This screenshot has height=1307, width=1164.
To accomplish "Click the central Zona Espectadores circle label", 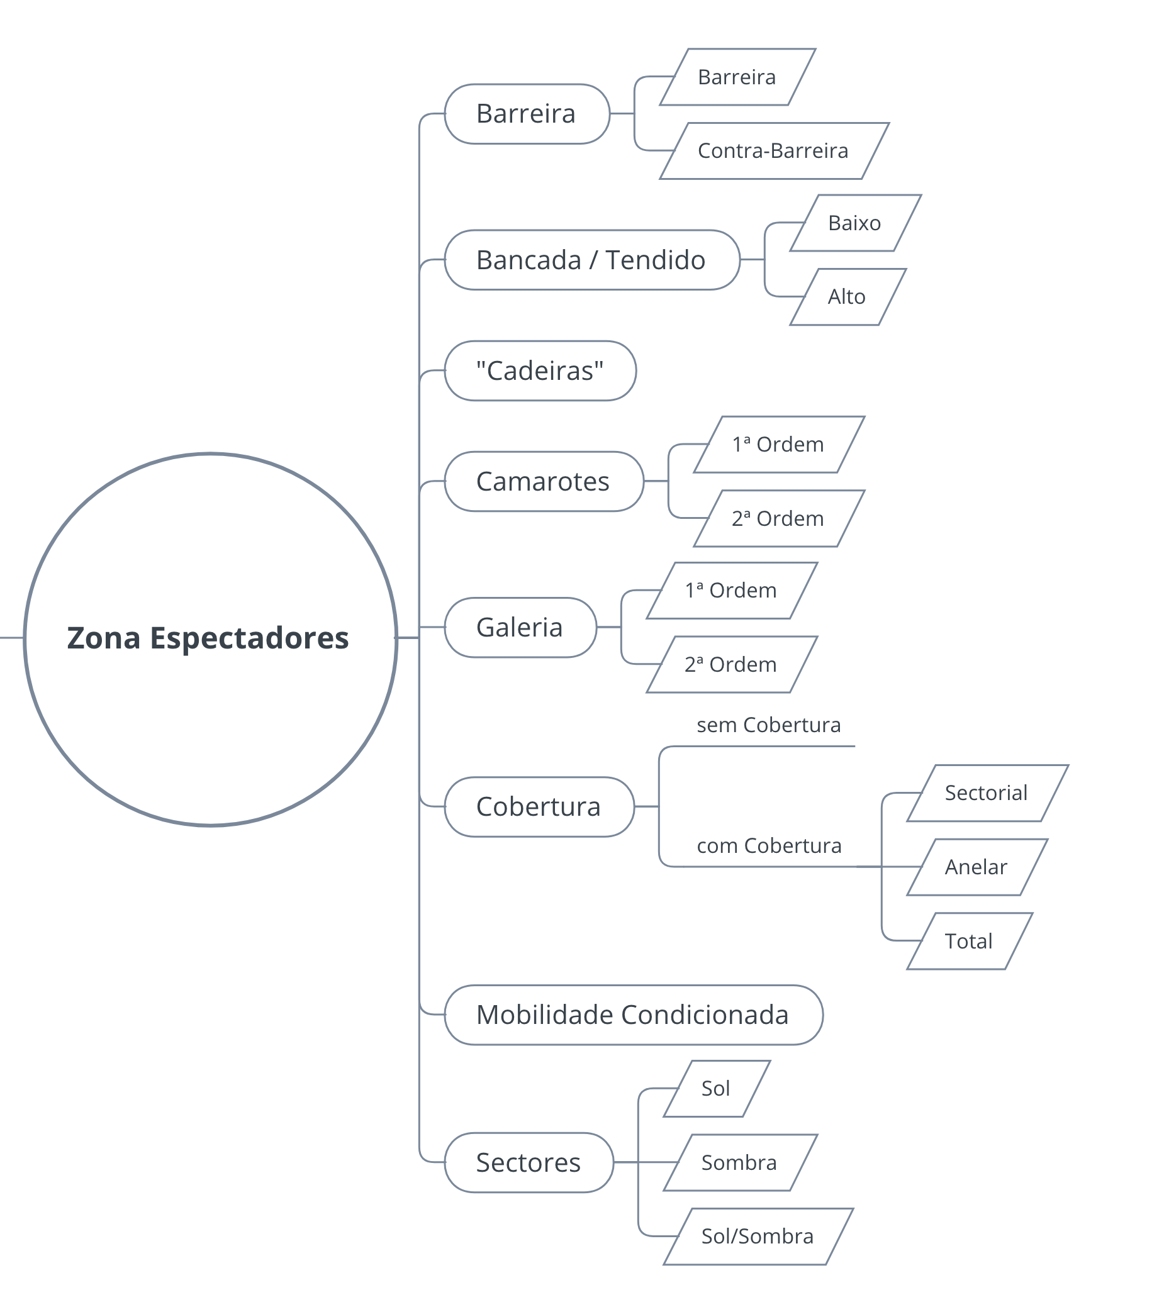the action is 208,638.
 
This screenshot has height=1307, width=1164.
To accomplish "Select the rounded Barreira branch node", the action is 527,114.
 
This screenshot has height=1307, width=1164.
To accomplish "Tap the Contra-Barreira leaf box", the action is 774,151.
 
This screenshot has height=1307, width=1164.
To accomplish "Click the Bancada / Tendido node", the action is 591,260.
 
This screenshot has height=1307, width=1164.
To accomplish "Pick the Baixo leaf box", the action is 855,223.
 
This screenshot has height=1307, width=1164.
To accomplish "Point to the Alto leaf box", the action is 848,297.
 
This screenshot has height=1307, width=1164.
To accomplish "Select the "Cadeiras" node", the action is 540,371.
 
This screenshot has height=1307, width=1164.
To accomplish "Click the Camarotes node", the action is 544,482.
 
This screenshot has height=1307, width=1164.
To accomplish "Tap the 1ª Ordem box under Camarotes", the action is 779,445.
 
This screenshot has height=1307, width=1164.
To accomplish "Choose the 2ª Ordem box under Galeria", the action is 732,664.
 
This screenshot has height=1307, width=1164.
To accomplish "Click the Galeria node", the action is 520,627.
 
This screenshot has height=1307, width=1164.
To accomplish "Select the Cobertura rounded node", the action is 539,807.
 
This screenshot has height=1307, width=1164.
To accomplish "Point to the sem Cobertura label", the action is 769,725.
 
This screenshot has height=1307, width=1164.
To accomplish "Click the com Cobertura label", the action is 769,846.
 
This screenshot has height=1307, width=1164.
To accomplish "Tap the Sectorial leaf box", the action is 987,793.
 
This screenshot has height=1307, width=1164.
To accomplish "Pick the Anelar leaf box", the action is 977,867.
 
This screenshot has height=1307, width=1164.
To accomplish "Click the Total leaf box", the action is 970,941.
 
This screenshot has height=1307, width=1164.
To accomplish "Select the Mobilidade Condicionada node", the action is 633,1015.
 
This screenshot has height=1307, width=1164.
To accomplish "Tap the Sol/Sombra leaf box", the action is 759,1237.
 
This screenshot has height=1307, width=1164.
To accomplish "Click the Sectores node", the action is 529,1162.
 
